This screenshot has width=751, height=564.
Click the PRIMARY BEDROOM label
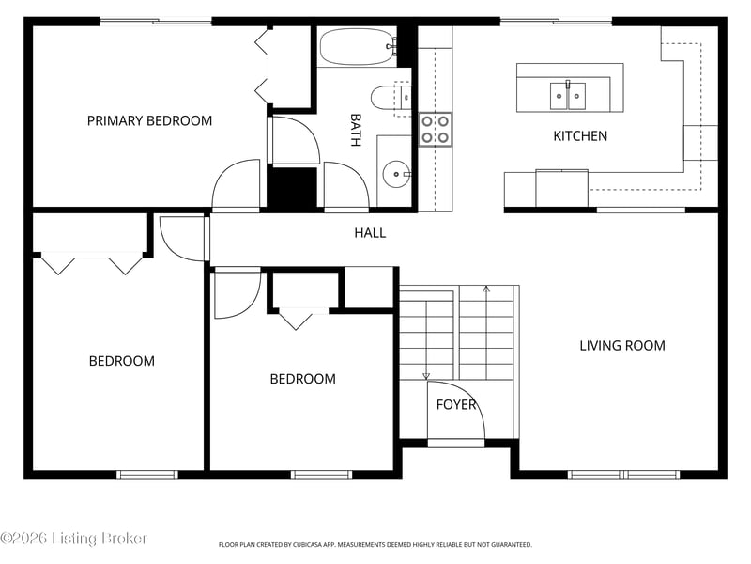(149, 121)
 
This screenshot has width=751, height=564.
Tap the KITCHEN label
(580, 136)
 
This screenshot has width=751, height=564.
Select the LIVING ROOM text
(622, 346)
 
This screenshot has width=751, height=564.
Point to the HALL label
(370, 233)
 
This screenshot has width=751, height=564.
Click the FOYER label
(456, 405)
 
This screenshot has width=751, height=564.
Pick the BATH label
(356, 130)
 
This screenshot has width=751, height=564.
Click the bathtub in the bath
(359, 46)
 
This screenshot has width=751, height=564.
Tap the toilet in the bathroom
(391, 98)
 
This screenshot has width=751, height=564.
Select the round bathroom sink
(396, 174)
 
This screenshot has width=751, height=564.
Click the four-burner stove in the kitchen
(436, 130)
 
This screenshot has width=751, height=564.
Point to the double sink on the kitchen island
(568, 96)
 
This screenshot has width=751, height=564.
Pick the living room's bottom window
(623, 475)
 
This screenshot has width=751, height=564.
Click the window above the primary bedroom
(156, 21)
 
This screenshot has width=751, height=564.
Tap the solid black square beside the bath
(292, 188)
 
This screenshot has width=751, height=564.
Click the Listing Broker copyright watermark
(73, 538)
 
